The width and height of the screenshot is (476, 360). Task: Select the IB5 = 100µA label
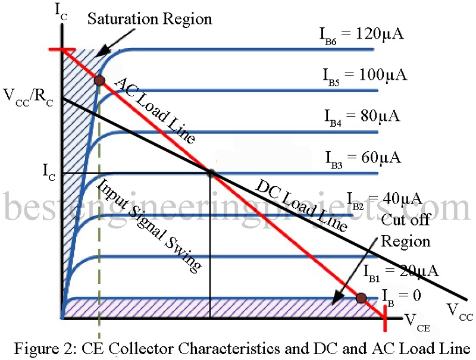click(361, 76)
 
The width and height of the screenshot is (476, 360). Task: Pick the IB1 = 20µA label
click(400, 272)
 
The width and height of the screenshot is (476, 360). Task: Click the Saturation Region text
click(149, 19)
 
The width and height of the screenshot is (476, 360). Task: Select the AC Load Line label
click(154, 111)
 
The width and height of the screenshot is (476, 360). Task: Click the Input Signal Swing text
click(149, 226)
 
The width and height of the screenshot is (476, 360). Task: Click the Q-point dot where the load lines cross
click(211, 173)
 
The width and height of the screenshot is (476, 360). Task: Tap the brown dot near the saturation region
click(99, 80)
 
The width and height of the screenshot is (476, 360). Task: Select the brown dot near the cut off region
click(361, 298)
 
